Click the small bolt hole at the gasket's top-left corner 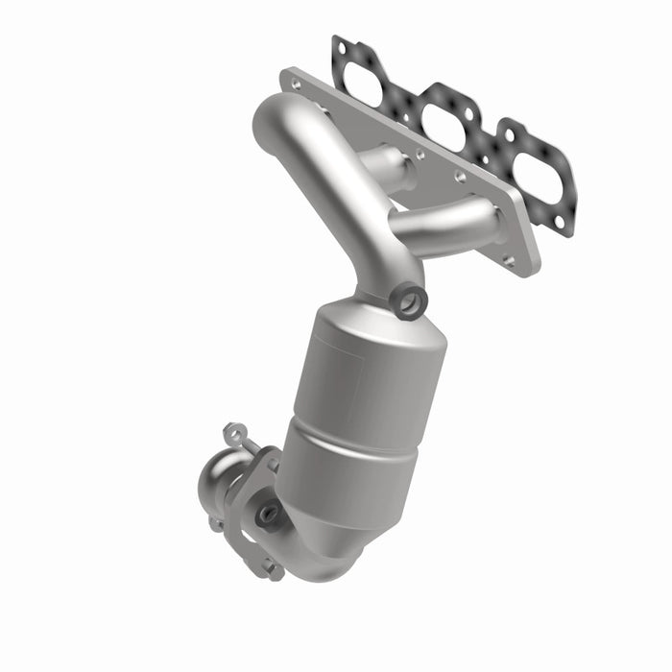pyautogui.click(x=339, y=44)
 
